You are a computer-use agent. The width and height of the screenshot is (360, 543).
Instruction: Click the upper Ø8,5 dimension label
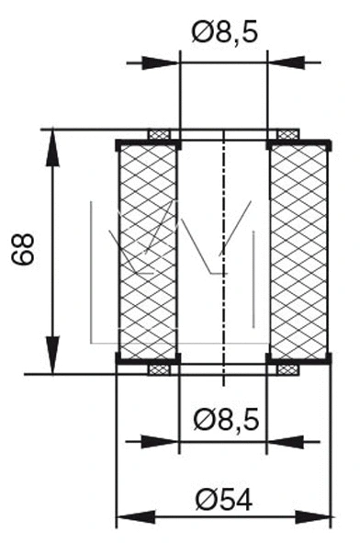225,34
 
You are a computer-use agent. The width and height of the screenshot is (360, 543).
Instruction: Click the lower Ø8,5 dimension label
225,421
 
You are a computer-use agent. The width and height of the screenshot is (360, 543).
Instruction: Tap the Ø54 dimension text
224,499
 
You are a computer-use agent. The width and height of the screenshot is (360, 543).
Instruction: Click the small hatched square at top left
160,134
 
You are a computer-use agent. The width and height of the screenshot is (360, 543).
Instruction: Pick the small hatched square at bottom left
160,370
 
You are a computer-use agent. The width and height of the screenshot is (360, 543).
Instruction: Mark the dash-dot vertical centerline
223,257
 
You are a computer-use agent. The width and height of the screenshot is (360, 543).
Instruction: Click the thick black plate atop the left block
147,142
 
